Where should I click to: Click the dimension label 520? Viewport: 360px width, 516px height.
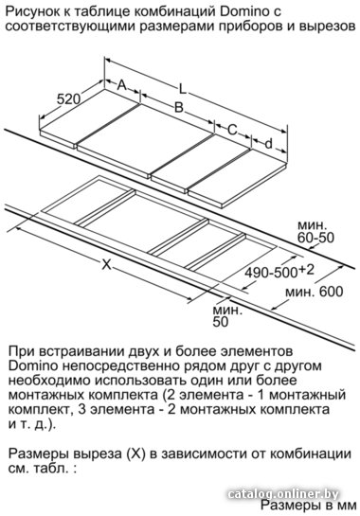68,99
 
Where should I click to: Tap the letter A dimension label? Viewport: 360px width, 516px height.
122,85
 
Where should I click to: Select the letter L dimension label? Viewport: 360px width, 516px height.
182,88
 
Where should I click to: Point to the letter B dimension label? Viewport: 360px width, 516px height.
178,107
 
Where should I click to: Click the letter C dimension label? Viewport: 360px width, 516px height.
232,130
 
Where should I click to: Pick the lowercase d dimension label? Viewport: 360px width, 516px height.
269,144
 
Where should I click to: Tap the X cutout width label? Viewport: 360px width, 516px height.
106,264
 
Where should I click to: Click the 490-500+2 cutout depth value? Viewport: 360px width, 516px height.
279,272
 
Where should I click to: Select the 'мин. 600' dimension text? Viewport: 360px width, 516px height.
314,292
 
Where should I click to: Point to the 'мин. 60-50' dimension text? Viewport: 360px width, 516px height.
315,232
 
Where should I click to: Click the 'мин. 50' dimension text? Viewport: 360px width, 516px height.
227,316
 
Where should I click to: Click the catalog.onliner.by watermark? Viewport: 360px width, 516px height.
283,494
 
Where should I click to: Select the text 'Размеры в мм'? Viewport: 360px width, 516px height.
308,506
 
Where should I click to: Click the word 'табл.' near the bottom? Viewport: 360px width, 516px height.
51,469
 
